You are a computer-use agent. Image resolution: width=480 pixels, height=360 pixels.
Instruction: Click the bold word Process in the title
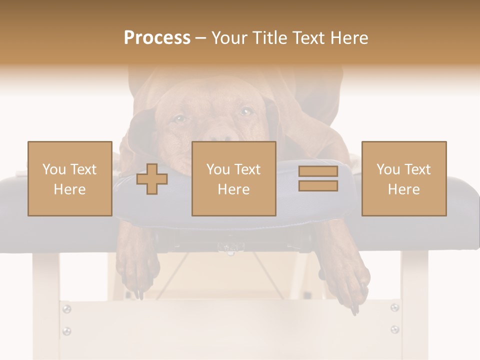(x=157, y=38)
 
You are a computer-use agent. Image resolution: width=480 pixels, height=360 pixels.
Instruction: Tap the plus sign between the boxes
(x=152, y=179)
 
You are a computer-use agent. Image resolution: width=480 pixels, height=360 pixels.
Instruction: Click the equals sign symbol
(x=318, y=178)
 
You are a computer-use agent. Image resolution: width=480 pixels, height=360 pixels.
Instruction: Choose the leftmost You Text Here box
(x=70, y=179)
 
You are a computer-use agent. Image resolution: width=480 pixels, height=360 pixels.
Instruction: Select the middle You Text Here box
(x=234, y=179)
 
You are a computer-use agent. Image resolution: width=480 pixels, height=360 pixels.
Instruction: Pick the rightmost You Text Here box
(x=404, y=179)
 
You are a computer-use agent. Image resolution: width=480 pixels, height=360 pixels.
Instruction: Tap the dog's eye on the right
(x=245, y=111)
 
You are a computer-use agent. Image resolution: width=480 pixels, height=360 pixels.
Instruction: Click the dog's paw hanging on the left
(x=138, y=275)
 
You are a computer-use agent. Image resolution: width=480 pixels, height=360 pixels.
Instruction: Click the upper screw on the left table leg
(x=66, y=309)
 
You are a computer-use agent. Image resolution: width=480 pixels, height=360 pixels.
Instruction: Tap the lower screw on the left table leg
(x=66, y=330)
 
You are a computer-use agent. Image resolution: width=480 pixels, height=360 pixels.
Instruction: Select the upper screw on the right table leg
(x=394, y=307)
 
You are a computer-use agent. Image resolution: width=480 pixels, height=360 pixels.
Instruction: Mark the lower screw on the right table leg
(x=394, y=329)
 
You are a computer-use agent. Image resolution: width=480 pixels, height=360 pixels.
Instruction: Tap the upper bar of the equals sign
(x=318, y=171)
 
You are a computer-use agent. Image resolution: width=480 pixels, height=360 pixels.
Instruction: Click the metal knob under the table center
(x=228, y=248)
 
